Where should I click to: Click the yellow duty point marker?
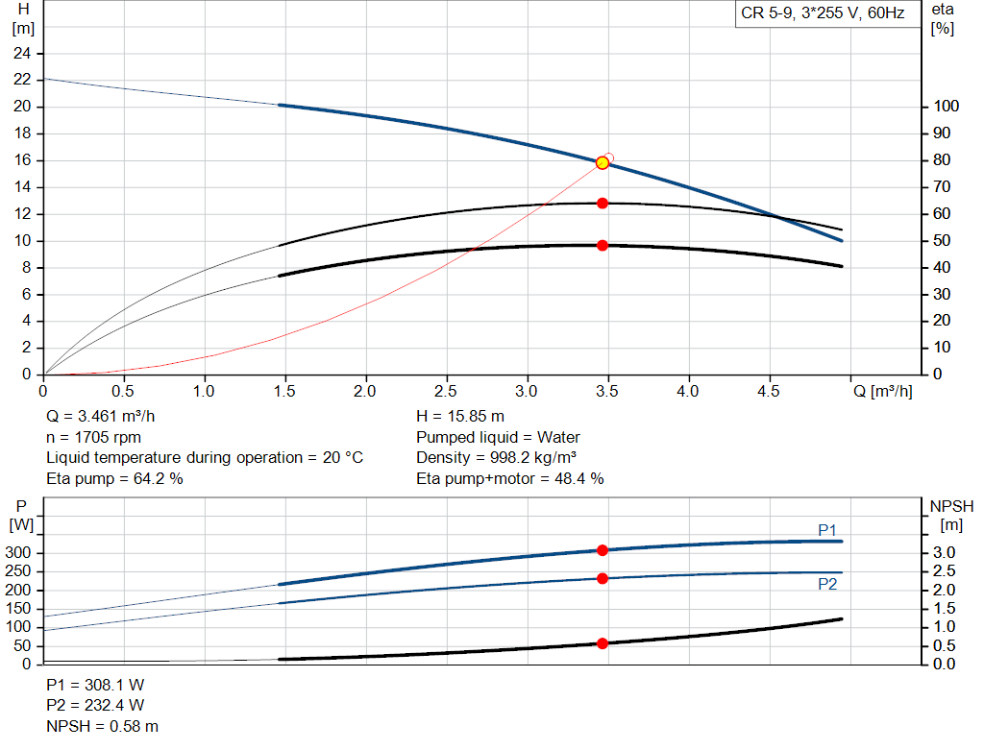[603, 163]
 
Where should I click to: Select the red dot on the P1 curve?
[603, 550]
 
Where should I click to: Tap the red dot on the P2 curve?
[603, 578]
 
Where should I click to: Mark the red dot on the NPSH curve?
[603, 643]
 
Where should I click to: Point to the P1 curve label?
[827, 530]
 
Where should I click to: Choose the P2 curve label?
[827, 585]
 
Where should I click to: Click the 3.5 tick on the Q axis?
[607, 391]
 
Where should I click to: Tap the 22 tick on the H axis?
[22, 79]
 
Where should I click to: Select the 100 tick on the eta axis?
[946, 106]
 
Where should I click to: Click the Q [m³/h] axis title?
[882, 391]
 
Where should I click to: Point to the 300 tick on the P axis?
[17, 552]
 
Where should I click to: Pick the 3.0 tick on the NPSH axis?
[944, 552]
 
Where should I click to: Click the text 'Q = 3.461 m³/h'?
[100, 416]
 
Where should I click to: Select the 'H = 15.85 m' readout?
[460, 416]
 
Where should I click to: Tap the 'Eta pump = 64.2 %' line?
[115, 478]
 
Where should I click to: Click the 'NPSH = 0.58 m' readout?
[102, 726]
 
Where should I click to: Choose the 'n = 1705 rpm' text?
[93, 437]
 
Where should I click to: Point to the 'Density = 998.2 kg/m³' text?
[497, 457]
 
